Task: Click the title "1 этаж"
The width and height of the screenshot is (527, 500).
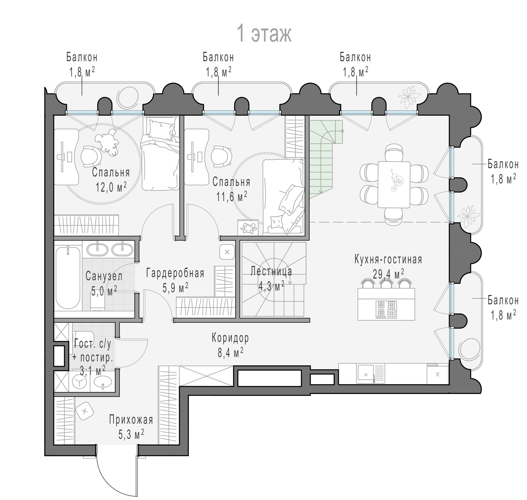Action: [264, 33]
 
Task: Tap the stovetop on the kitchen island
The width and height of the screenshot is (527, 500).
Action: [386, 309]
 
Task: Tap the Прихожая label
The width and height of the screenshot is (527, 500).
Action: [131, 420]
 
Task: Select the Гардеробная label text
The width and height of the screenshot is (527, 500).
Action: [175, 273]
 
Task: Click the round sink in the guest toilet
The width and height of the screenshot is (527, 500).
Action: [103, 382]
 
